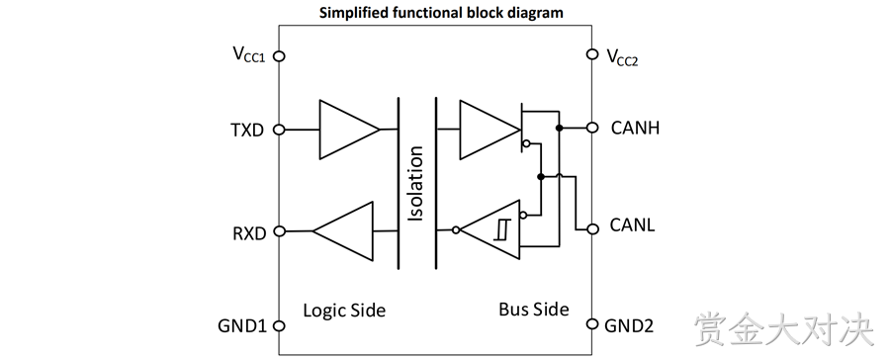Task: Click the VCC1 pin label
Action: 249,55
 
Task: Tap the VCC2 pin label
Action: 622,56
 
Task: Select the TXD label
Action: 247,130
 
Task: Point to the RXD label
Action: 249,233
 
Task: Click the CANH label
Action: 635,128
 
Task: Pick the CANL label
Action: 632,225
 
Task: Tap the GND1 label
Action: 242,326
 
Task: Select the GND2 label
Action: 629,326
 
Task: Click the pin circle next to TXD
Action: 279,130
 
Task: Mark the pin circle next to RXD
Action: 279,231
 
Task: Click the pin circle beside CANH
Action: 592,128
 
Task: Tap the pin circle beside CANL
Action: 592,228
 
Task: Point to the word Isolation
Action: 416,184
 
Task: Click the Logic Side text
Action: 344,311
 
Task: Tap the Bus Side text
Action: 534,310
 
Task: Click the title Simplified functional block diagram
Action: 441,13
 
